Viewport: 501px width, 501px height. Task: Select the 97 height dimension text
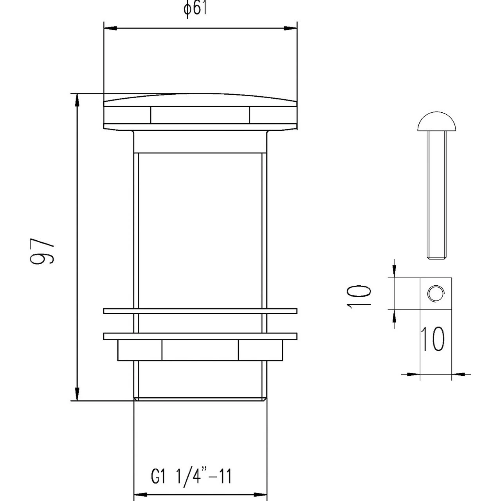point(42,250)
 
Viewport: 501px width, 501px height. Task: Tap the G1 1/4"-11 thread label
point(191,477)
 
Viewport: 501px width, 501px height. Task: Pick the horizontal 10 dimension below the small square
point(433,339)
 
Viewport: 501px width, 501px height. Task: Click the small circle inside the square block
point(436,294)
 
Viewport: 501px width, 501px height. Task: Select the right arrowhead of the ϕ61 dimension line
point(290,28)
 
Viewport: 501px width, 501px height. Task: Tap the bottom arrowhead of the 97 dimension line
point(77,394)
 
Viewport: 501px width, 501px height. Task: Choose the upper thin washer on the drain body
point(200,311)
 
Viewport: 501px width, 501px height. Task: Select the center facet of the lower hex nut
point(200,350)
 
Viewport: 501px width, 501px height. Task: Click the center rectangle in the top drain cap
point(200,115)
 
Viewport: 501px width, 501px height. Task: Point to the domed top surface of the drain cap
point(200,98)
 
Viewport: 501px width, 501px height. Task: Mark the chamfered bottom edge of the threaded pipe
point(200,399)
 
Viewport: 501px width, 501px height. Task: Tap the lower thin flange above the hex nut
point(200,336)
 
